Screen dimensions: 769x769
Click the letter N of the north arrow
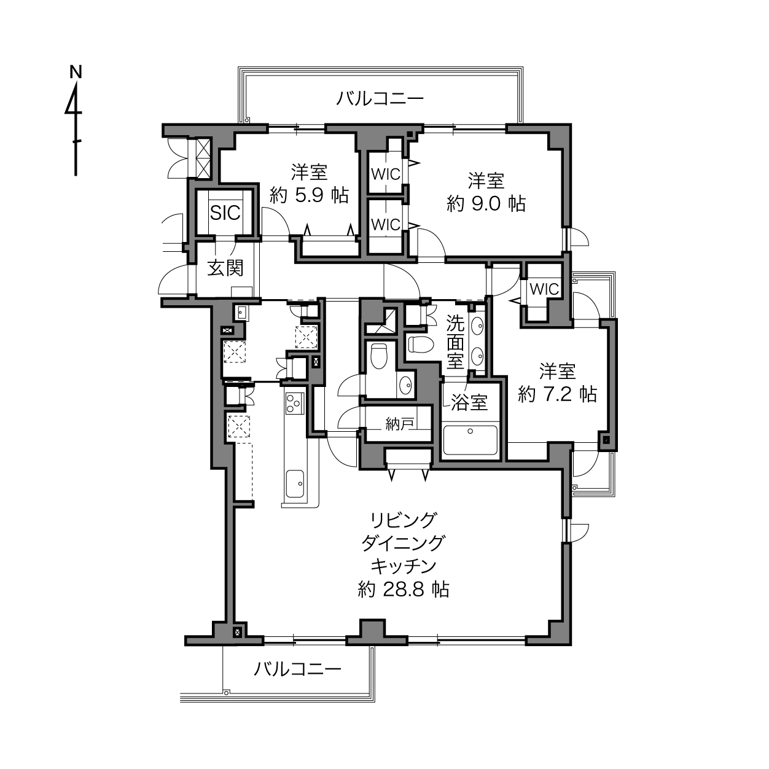tap(76, 72)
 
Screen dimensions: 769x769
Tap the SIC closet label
tap(225, 213)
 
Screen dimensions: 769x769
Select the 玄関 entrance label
tap(225, 268)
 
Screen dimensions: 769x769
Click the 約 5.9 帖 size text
tap(309, 195)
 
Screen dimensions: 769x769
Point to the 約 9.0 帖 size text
tap(486, 203)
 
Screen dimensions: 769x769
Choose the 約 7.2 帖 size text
tap(557, 394)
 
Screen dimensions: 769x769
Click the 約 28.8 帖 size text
tap(404, 589)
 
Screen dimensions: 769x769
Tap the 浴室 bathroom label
tap(470, 403)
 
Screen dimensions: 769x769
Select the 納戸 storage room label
tap(399, 424)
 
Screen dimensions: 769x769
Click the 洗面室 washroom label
tap(455, 342)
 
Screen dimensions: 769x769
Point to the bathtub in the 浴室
tap(470, 440)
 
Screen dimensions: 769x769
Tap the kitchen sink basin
tap(295, 483)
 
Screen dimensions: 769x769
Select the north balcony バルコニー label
tap(380, 98)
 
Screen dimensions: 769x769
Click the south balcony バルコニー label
tap(298, 668)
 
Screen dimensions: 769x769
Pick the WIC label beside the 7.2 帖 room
tap(544, 289)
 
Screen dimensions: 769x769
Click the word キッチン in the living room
tap(404, 566)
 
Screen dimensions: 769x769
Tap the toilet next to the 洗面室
tap(421, 343)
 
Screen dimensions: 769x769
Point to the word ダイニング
tap(403, 543)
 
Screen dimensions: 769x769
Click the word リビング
tap(403, 520)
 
